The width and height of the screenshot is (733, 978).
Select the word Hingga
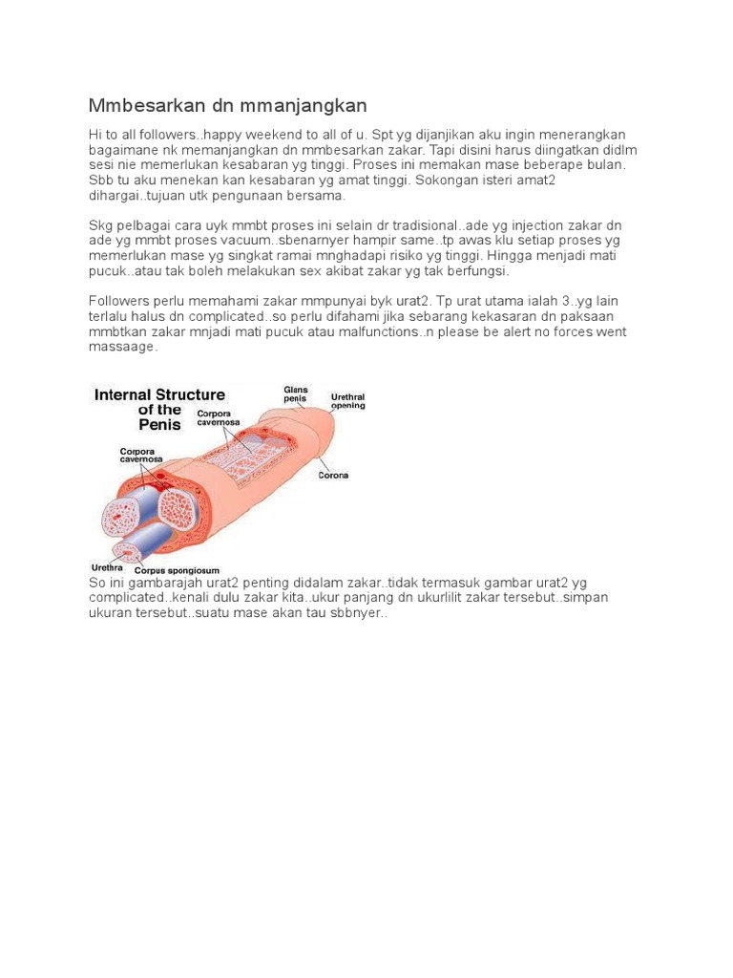[487, 258]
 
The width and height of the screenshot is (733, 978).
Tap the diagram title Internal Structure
[158, 394]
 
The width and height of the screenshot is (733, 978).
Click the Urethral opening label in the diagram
[347, 400]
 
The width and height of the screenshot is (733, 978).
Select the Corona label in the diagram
[332, 475]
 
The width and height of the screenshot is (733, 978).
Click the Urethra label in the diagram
[106, 565]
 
